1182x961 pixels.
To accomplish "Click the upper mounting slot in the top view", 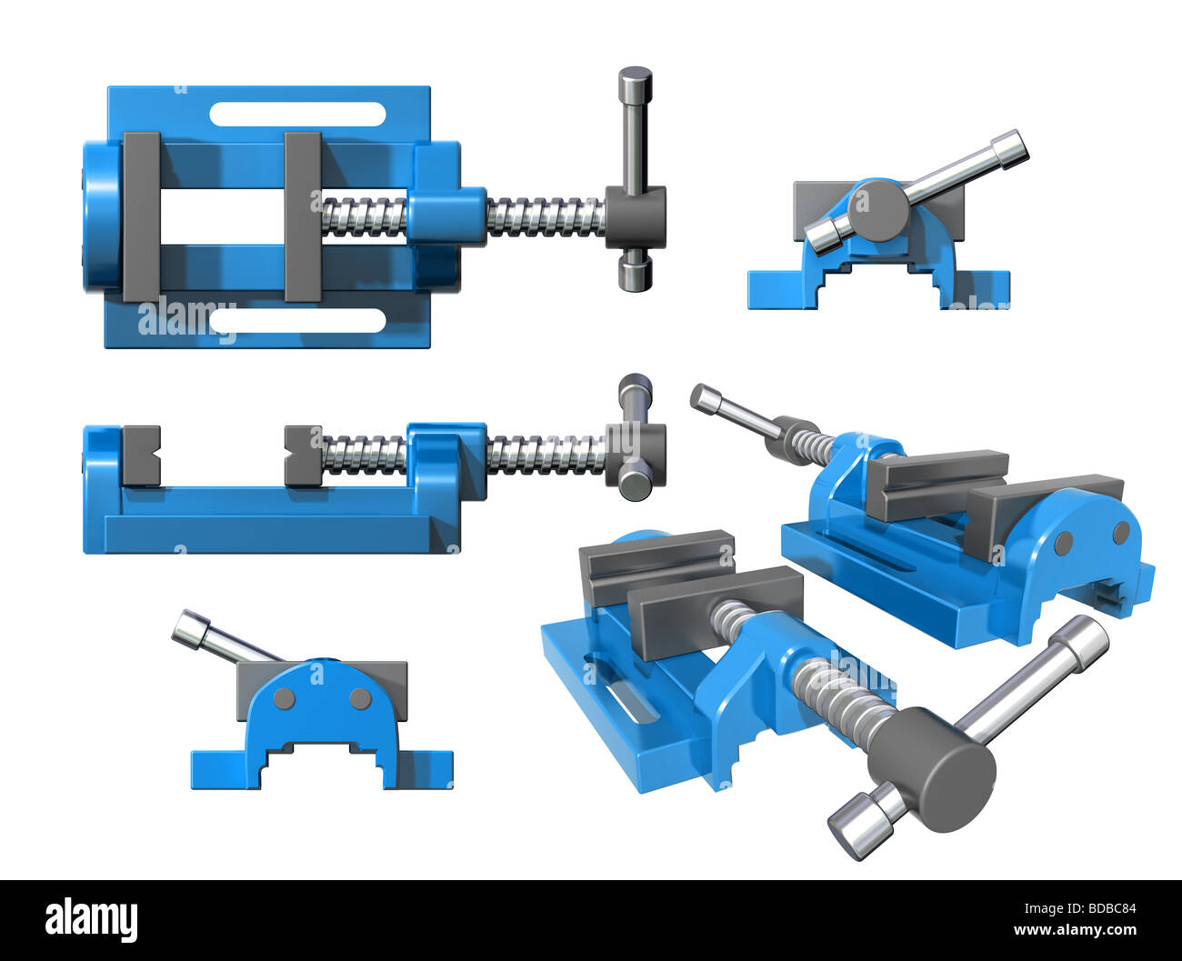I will click(297, 114).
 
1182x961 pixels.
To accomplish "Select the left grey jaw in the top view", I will click(141, 216).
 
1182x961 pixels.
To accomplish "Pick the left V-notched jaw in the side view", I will click(141, 455).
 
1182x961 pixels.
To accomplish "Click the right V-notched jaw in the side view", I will click(303, 455).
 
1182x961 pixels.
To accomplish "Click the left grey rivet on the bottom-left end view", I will click(284, 698).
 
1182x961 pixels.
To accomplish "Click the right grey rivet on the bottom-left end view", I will click(360, 698).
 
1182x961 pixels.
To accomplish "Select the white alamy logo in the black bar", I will click(91, 920).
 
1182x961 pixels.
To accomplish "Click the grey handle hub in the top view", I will click(636, 216).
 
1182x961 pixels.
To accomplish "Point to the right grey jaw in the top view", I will click(302, 216).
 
